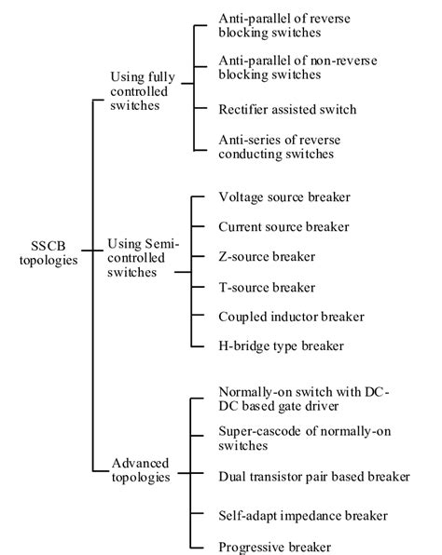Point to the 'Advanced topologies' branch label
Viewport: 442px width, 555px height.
pos(140,469)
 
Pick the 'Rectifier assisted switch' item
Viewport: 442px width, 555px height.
pos(287,109)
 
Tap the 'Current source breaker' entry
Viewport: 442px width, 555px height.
pos(283,226)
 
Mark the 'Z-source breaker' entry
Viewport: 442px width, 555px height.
pos(267,256)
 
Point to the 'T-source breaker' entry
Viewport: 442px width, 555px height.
pos(267,287)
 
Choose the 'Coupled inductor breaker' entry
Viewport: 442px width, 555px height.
pos(291,317)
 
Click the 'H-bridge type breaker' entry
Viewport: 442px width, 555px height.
pos(281,346)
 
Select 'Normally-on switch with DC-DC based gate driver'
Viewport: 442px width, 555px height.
pos(303,398)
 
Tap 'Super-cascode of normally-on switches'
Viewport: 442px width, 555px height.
pos(292,440)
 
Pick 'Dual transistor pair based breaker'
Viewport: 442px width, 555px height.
pos(313,477)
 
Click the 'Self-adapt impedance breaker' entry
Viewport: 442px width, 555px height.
pos(302,515)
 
